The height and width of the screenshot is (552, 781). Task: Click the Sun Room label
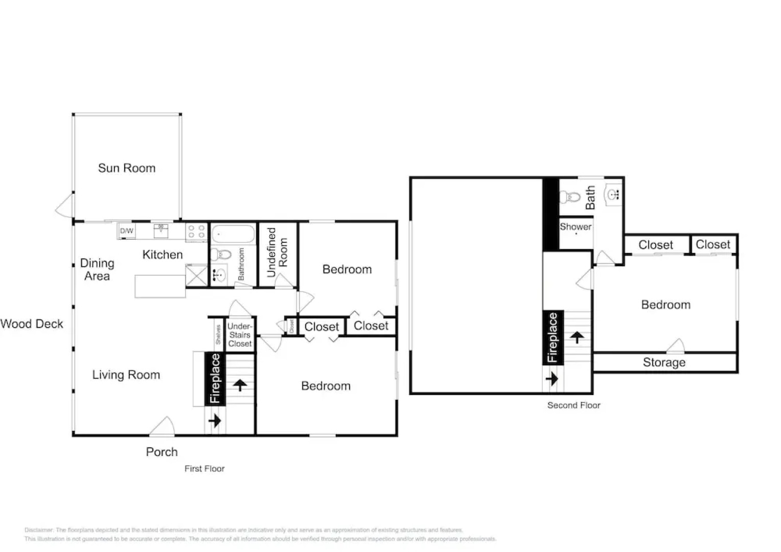pos(127,168)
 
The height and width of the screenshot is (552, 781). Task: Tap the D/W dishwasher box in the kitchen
pos(126,231)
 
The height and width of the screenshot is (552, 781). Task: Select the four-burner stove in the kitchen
pos(196,232)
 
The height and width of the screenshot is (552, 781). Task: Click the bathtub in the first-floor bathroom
pos(233,235)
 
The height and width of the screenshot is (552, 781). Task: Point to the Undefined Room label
pos(277,252)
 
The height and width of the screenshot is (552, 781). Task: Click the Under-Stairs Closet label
pos(240,335)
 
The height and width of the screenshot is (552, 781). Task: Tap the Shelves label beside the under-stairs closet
pos(218,334)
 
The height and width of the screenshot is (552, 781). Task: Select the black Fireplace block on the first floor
pos(215,378)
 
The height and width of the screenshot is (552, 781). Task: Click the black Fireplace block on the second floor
pos(553,337)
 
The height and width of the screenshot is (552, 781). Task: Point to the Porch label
pos(162,452)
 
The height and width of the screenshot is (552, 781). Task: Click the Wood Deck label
pos(32,324)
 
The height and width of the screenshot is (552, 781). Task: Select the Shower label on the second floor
pos(576,227)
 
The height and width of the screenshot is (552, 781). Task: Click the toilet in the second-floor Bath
pos(569,197)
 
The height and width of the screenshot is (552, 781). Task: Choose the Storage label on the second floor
pos(664,362)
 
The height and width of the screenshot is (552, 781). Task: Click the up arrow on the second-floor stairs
pos(577,337)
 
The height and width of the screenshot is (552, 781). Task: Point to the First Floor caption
pos(204,469)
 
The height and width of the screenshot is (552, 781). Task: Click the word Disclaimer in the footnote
pos(38,530)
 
